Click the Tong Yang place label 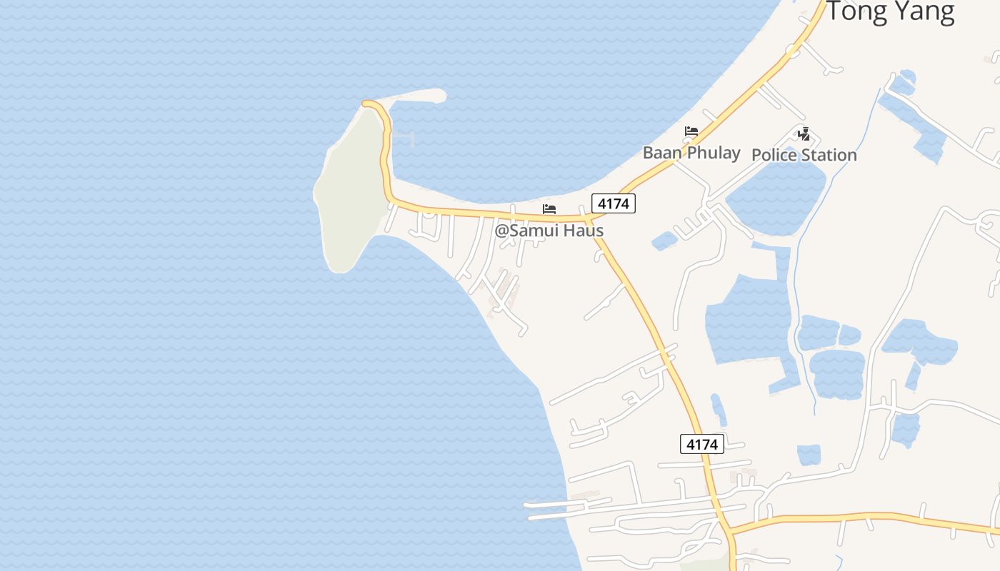click(890, 12)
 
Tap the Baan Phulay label click(691, 152)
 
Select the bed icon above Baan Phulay click(691, 131)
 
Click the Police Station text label click(804, 155)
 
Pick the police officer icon click(804, 133)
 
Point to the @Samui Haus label click(549, 231)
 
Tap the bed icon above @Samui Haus click(549, 209)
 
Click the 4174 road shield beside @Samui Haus click(613, 203)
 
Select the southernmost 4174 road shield click(701, 444)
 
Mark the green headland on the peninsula click(350, 193)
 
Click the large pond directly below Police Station click(775, 196)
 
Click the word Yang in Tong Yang click(923, 12)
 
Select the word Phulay click(713, 152)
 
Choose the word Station click(829, 155)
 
